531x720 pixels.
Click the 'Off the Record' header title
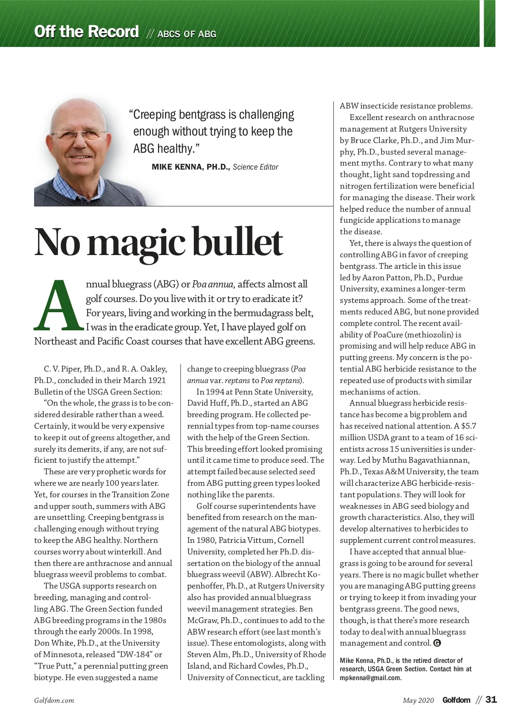pyautogui.click(x=86, y=32)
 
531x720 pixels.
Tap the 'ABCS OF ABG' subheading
pyautogui.click(x=187, y=34)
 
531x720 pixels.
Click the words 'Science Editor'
pyautogui.click(x=255, y=167)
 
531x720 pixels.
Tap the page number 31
pyautogui.click(x=491, y=700)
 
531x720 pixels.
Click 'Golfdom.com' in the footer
pyautogui.click(x=54, y=701)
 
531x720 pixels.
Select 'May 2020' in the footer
pyautogui.click(x=418, y=701)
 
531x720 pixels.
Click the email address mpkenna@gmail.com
pyautogui.click(x=370, y=678)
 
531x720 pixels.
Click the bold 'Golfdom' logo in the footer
pyautogui.click(x=456, y=700)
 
